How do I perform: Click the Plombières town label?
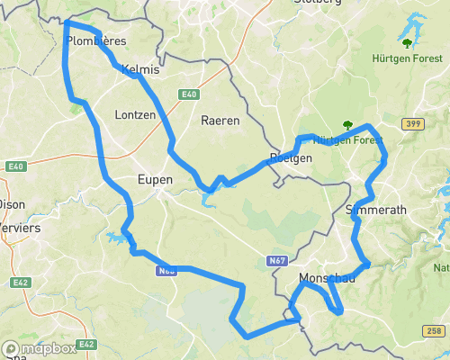tap(96, 41)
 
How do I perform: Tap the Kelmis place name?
tap(139, 69)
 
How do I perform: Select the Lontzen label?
tap(136, 115)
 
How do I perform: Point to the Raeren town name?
tap(220, 121)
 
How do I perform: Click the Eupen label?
tap(154, 180)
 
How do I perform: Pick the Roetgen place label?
tap(291, 158)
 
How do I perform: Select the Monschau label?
tap(327, 279)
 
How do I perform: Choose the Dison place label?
tap(11, 204)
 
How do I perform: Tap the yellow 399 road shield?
tap(413, 122)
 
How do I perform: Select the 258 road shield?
tap(434, 331)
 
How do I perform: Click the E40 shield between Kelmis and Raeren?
tap(188, 94)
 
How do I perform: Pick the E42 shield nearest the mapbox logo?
tap(86, 345)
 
